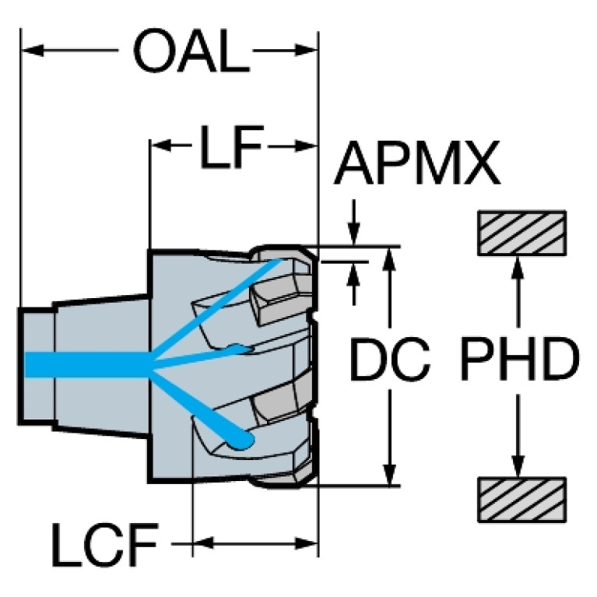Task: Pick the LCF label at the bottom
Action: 105,545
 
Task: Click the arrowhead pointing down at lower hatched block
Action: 516,465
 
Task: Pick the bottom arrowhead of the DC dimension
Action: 392,475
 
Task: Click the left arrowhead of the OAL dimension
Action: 30,52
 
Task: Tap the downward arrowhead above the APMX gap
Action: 355,234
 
